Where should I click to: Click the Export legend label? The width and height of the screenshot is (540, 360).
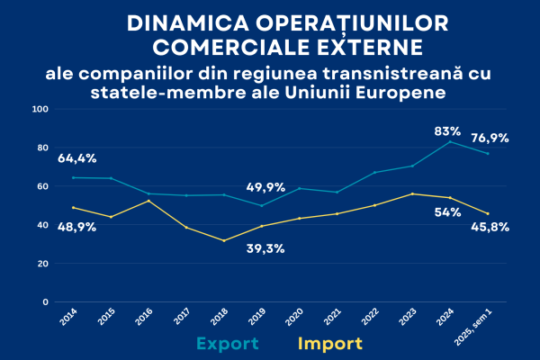coord(229,343)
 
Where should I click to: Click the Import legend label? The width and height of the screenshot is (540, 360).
coord(329,343)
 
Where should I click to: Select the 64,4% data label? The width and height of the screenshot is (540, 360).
coord(77,159)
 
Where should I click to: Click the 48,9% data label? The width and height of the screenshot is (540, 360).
coord(77,228)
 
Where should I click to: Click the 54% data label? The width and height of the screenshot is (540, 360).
coord(447,212)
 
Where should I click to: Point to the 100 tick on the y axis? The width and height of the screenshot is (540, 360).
coord(40,109)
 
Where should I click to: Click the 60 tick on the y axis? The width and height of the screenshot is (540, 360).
coord(42,186)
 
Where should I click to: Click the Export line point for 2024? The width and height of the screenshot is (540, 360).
coord(449,141)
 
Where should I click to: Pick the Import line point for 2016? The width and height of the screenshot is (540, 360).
coord(148,201)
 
